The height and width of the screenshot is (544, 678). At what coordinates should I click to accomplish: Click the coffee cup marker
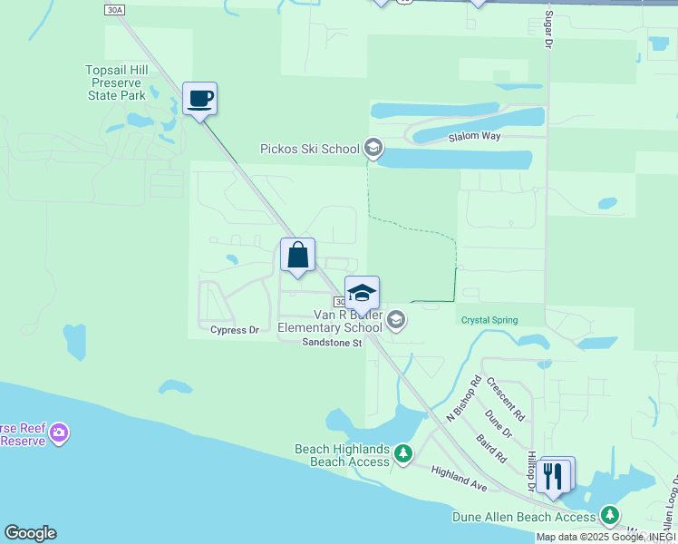199,99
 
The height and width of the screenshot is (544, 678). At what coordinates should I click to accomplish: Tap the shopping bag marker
297,256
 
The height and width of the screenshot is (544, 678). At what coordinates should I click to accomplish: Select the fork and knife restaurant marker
554,475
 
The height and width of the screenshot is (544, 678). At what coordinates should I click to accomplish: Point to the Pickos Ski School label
310,149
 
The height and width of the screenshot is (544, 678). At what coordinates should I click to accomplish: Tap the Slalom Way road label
475,137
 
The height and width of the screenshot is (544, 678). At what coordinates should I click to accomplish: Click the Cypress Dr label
235,330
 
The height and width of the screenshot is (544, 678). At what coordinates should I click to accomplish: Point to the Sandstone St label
332,343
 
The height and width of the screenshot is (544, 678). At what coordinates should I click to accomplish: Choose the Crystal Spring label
489,320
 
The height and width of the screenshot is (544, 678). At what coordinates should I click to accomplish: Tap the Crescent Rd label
506,399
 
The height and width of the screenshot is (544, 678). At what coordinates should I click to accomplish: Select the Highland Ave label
460,479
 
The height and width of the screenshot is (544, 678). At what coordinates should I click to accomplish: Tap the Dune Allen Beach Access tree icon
611,516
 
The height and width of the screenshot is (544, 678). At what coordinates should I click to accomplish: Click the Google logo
30,533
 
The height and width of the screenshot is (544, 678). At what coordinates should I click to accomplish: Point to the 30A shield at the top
113,10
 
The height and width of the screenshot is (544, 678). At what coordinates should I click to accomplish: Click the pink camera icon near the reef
60,432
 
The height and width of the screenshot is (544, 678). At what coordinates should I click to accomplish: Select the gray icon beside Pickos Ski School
373,147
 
